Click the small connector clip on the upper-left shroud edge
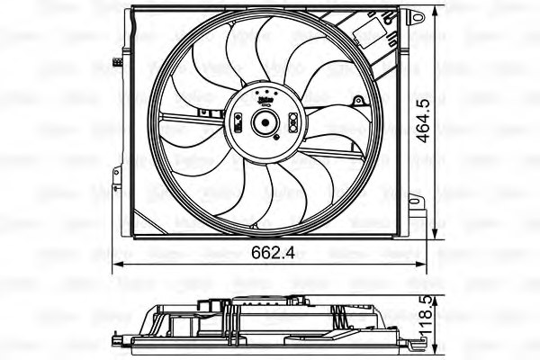click(x=118, y=61)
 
